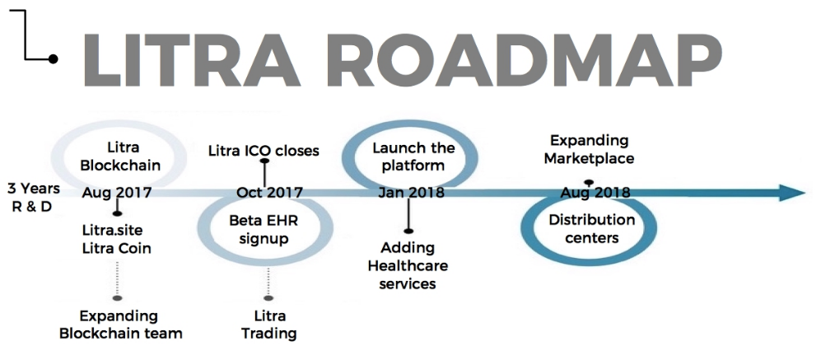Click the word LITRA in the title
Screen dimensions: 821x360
pos(191,59)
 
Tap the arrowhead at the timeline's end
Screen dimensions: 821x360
pos(791,192)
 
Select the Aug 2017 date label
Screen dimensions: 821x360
pos(117,193)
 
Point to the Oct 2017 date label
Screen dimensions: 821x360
pos(269,193)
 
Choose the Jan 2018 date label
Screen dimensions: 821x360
pos(411,192)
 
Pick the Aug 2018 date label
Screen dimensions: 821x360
pos(595,193)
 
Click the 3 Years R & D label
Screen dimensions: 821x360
pos(34,197)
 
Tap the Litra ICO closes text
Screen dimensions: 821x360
pos(264,151)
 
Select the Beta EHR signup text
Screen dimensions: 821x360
pos(264,230)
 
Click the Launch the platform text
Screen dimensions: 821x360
pos(413,157)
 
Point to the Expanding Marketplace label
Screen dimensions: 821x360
pos(589,149)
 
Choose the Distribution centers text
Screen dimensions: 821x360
pos(592,228)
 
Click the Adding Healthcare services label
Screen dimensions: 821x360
pos(408,266)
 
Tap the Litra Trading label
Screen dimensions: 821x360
pos(269,325)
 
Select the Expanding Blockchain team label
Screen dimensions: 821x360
pos(121,325)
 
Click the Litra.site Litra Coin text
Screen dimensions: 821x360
pos(117,239)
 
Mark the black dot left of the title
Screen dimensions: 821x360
pos(53,59)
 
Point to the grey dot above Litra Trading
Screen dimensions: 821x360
pos(268,298)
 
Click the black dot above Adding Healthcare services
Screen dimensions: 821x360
pos(408,231)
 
